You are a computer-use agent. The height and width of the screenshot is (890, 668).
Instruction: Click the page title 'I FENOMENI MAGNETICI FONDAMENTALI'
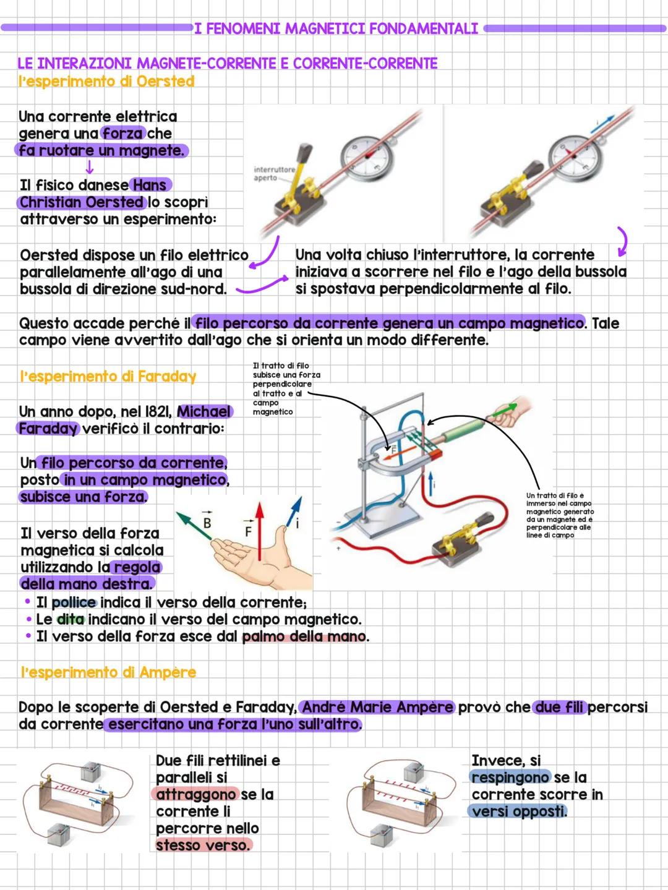pyautogui.click(x=336, y=28)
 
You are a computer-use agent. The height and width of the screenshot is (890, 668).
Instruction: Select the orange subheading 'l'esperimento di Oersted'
pyautogui.click(x=106, y=82)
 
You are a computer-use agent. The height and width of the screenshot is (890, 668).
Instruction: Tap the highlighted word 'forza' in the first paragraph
pyautogui.click(x=122, y=134)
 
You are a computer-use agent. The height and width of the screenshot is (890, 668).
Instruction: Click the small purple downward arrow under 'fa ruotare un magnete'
pyautogui.click(x=90, y=167)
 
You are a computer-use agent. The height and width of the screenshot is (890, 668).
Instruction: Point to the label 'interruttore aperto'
pyautogui.click(x=274, y=174)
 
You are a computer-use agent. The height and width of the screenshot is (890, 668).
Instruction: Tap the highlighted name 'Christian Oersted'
pyautogui.click(x=82, y=202)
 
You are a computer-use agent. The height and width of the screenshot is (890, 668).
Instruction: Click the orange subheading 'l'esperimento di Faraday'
pyautogui.click(x=108, y=377)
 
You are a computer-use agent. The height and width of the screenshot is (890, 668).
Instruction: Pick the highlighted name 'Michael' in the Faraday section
pyautogui.click(x=203, y=412)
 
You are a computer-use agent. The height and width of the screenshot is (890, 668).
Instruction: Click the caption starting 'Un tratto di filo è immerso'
pyautogui.click(x=559, y=515)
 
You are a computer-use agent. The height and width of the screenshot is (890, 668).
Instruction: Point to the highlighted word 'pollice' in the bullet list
pyautogui.click(x=74, y=603)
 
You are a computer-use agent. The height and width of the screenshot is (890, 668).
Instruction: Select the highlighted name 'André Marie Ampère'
pyautogui.click(x=377, y=708)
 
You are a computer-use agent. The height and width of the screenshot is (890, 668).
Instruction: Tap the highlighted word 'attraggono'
pyautogui.click(x=195, y=795)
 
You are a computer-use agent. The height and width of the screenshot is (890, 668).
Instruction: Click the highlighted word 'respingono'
pyautogui.click(x=510, y=778)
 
